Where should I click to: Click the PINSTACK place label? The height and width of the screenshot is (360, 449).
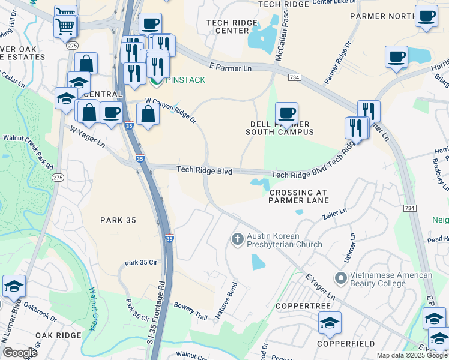pos(186,80)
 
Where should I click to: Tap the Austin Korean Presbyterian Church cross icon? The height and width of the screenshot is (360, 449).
pos(237,239)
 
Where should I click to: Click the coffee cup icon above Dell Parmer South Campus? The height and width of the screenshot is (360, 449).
pos(286,112)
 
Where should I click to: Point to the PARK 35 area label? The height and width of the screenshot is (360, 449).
pos(118,220)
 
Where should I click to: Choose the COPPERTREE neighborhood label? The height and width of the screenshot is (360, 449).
pos(303,306)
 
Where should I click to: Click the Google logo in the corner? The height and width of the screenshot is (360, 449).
pos(20,352)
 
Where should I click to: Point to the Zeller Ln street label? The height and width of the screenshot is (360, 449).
pos(334,213)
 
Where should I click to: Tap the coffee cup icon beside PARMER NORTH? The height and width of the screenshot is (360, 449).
pos(426,16)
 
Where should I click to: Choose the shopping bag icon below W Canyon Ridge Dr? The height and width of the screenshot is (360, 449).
pos(148,114)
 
